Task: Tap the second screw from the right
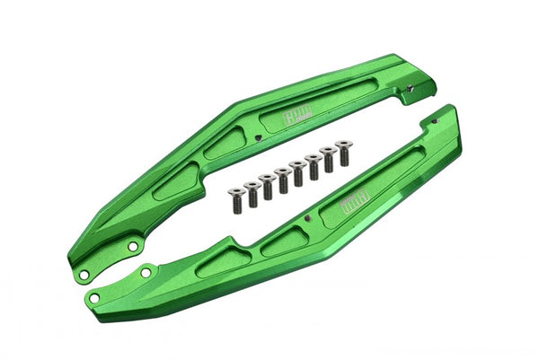[328, 155]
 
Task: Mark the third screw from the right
[313, 162]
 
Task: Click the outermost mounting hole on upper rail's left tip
[83, 274]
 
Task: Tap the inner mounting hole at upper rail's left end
[132, 245]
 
